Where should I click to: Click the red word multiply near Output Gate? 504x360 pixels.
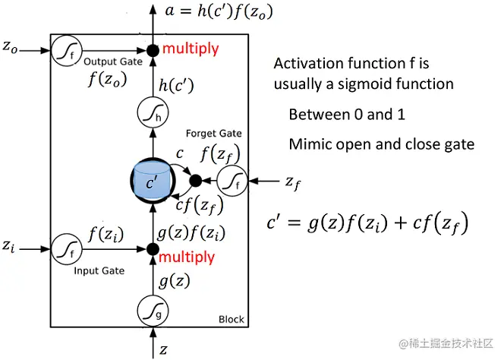(x=190, y=49)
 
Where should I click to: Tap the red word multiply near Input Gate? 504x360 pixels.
(x=187, y=257)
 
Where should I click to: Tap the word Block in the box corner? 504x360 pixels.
(x=231, y=320)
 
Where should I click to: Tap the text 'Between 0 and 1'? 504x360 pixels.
(x=346, y=115)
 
